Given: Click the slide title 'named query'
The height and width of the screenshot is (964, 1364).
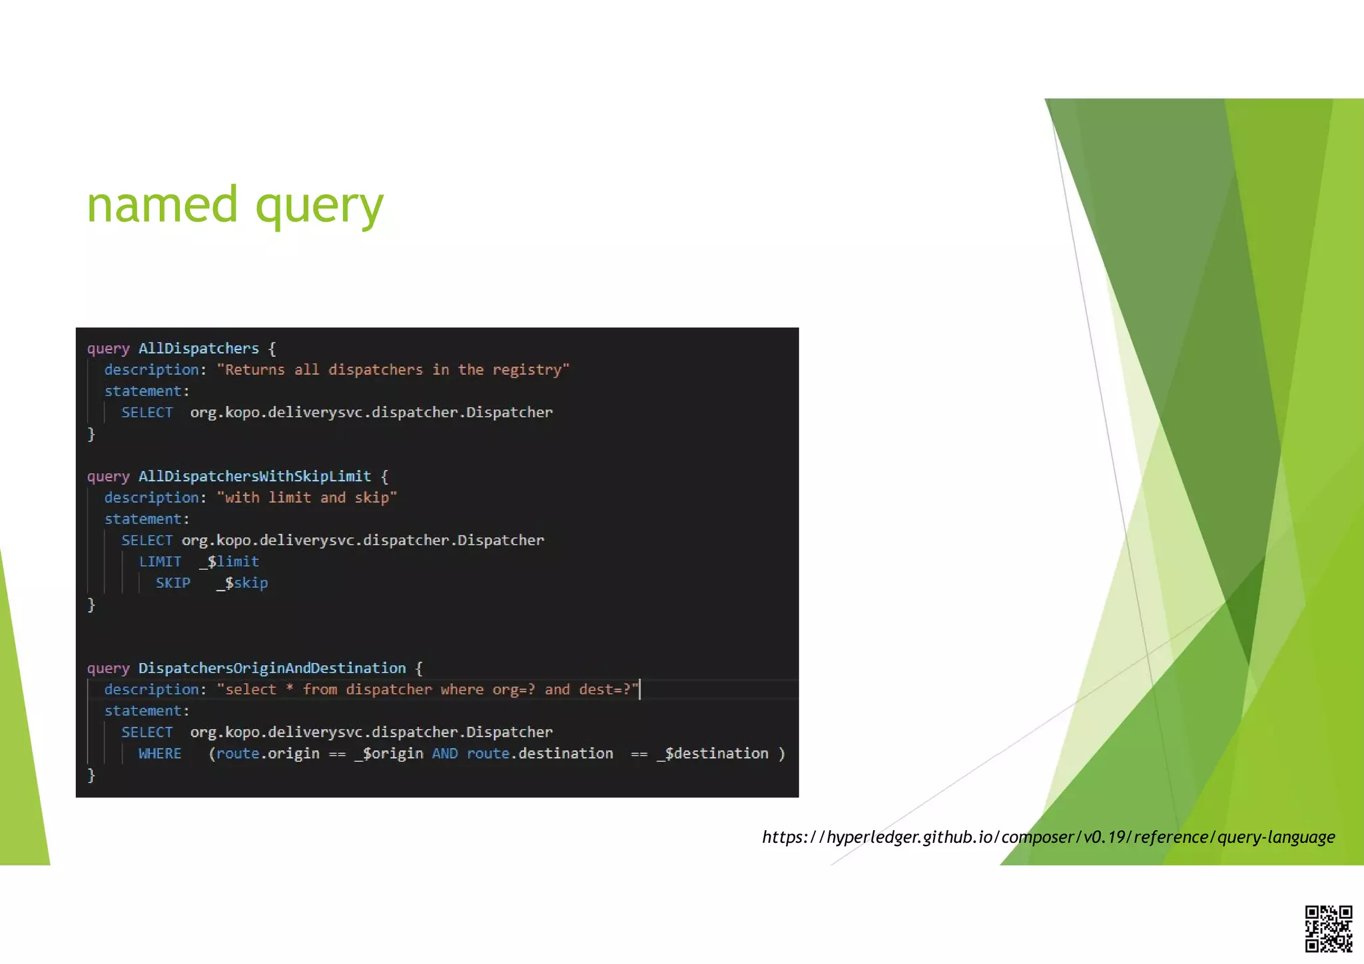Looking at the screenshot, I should pyautogui.click(x=235, y=205).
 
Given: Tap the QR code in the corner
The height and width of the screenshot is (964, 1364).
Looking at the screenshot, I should pyautogui.click(x=1328, y=929).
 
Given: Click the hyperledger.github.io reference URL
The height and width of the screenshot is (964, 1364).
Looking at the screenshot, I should pyautogui.click(x=1048, y=837).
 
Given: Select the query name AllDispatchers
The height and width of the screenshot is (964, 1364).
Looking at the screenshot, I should pyautogui.click(x=198, y=349).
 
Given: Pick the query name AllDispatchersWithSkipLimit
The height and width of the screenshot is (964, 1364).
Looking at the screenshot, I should pyautogui.click(x=254, y=477).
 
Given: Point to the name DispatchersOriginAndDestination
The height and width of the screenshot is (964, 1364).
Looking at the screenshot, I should pyautogui.click(x=272, y=668).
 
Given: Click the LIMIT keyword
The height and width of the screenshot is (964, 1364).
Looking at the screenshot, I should pyautogui.click(x=160, y=562).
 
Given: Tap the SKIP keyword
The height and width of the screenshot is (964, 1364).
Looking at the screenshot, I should pyautogui.click(x=173, y=583).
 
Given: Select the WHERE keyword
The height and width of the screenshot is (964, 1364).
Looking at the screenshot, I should pyautogui.click(x=160, y=754).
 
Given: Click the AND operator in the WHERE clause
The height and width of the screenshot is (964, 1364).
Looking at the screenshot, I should pyautogui.click(x=445, y=754).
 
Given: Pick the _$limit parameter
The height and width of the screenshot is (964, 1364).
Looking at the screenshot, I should pyautogui.click(x=229, y=562).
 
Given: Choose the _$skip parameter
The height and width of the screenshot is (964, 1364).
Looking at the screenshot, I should pyautogui.click(x=242, y=583).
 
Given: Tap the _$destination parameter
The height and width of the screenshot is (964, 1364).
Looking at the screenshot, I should pyautogui.click(x=713, y=754).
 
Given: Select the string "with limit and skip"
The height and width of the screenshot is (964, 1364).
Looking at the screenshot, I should pyautogui.click(x=307, y=498).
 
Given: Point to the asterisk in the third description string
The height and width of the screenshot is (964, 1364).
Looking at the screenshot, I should pyautogui.click(x=290, y=688).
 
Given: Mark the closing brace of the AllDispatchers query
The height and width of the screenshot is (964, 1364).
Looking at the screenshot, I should pyautogui.click(x=92, y=434).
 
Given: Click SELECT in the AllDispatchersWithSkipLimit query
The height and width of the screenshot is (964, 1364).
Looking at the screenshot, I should pyautogui.click(x=147, y=541).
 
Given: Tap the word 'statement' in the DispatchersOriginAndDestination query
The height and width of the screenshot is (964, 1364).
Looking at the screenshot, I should pyautogui.click(x=143, y=711).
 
